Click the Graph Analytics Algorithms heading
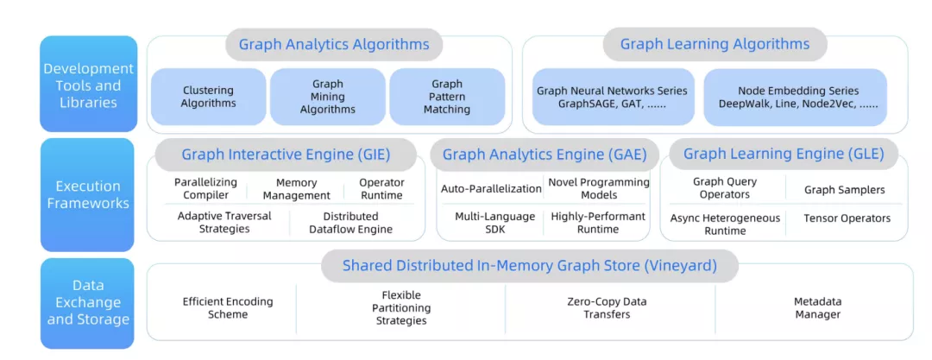pyautogui.click(x=334, y=44)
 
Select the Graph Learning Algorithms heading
pyautogui.click(x=715, y=44)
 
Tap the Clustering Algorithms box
pyautogui.click(x=208, y=97)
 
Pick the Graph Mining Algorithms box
pyautogui.click(x=327, y=97)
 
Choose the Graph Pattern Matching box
pyautogui.click(x=447, y=97)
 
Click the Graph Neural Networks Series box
pyautogui.click(x=612, y=97)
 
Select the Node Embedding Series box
pyautogui.click(x=798, y=97)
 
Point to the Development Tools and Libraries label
pyautogui.click(x=88, y=85)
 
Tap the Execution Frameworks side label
pyautogui.click(x=88, y=194)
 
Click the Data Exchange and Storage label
pyautogui.click(x=88, y=302)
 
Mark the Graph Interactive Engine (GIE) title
pyautogui.click(x=286, y=155)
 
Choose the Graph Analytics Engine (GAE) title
pyautogui.click(x=546, y=155)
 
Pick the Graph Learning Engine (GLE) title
pyautogui.click(x=784, y=154)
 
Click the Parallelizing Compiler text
pyautogui.click(x=205, y=189)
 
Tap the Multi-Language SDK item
pyautogui.click(x=494, y=223)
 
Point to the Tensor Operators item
pyautogui.click(x=847, y=218)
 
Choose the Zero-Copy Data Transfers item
pyautogui.click(x=607, y=308)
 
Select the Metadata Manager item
pyautogui.click(x=817, y=308)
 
